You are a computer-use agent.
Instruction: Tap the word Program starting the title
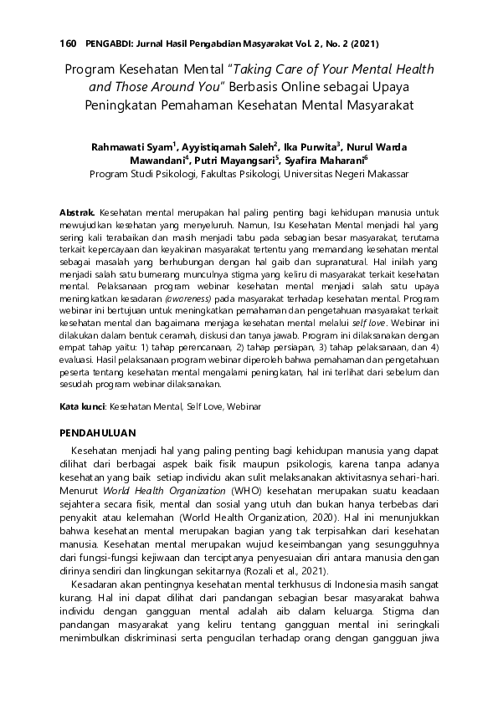click(x=89, y=70)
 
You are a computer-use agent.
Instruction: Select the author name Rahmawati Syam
click(x=131, y=147)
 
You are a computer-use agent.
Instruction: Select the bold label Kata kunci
click(x=81, y=407)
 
